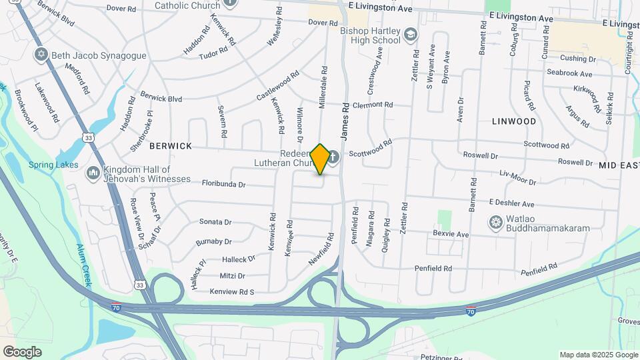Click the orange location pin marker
320,159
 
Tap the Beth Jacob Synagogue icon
41,55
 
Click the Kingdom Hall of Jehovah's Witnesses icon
93,174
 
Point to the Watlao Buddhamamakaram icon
495,222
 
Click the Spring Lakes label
53,165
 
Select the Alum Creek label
84,265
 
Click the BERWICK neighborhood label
171,146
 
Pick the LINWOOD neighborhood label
513,121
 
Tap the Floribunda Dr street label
224,184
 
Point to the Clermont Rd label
373,105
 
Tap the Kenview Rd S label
232,292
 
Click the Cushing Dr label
577,59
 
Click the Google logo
22,351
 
